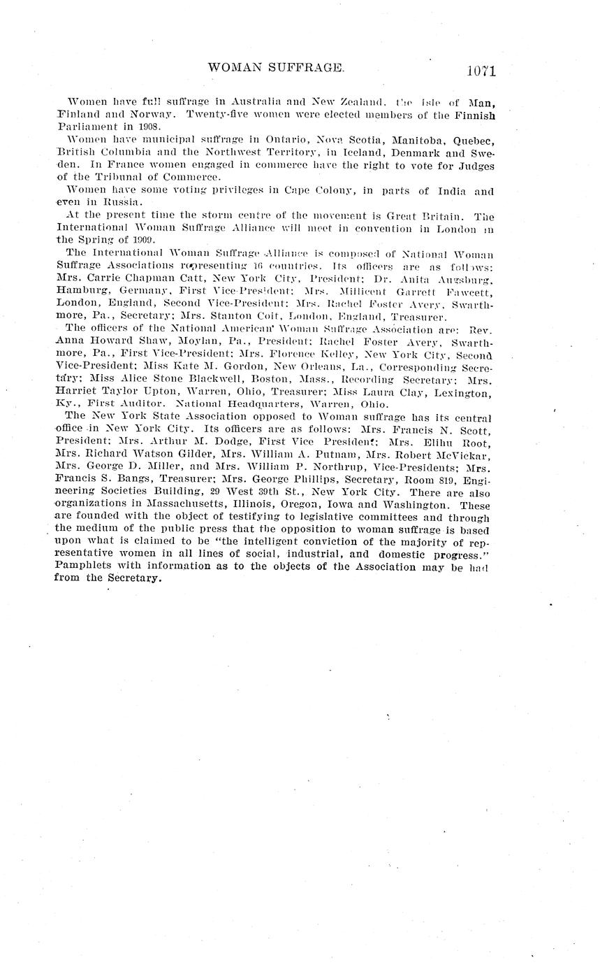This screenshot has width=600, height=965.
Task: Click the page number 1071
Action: [478, 70]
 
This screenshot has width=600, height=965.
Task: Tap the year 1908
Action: [149, 127]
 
